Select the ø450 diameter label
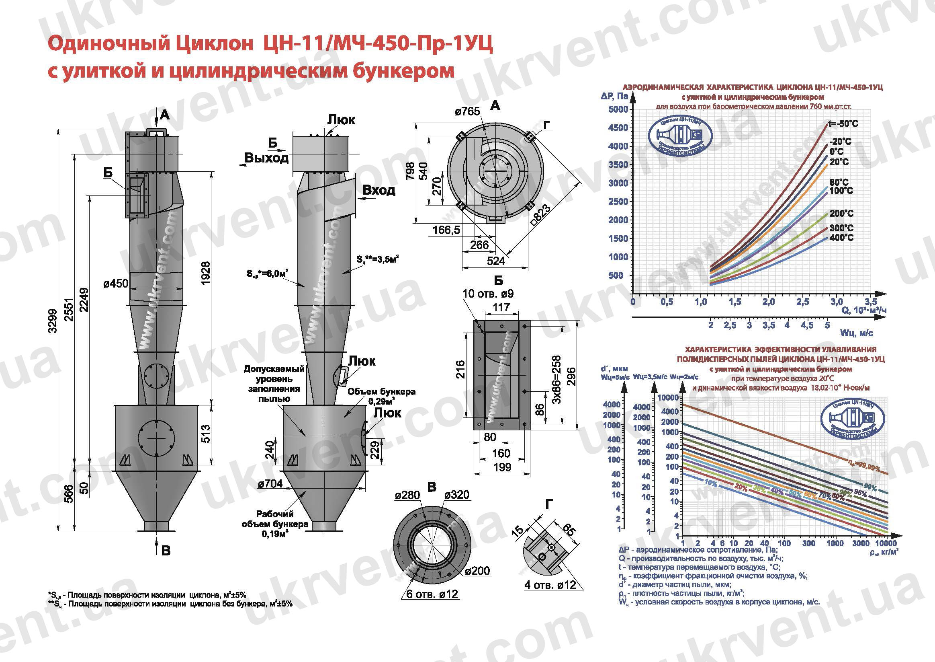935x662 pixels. click(116, 283)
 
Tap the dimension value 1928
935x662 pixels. click(206, 273)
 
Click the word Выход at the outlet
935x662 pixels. click(266, 158)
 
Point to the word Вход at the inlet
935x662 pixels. click(379, 190)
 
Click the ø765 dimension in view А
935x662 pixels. click(468, 111)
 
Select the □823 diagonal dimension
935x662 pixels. click(542, 216)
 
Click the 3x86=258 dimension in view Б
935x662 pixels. click(556, 380)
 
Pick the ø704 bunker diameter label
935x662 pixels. click(270, 483)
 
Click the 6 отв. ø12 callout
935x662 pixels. click(432, 594)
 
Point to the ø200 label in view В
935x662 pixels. click(478, 571)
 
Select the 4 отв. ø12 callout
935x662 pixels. click(550, 585)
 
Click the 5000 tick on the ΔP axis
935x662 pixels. click(618, 109)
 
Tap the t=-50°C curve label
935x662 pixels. click(843, 123)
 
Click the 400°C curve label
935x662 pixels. click(841, 238)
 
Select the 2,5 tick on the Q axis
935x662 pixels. click(803, 302)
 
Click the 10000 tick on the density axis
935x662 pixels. click(886, 543)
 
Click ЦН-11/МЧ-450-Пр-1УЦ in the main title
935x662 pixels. click(379, 44)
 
